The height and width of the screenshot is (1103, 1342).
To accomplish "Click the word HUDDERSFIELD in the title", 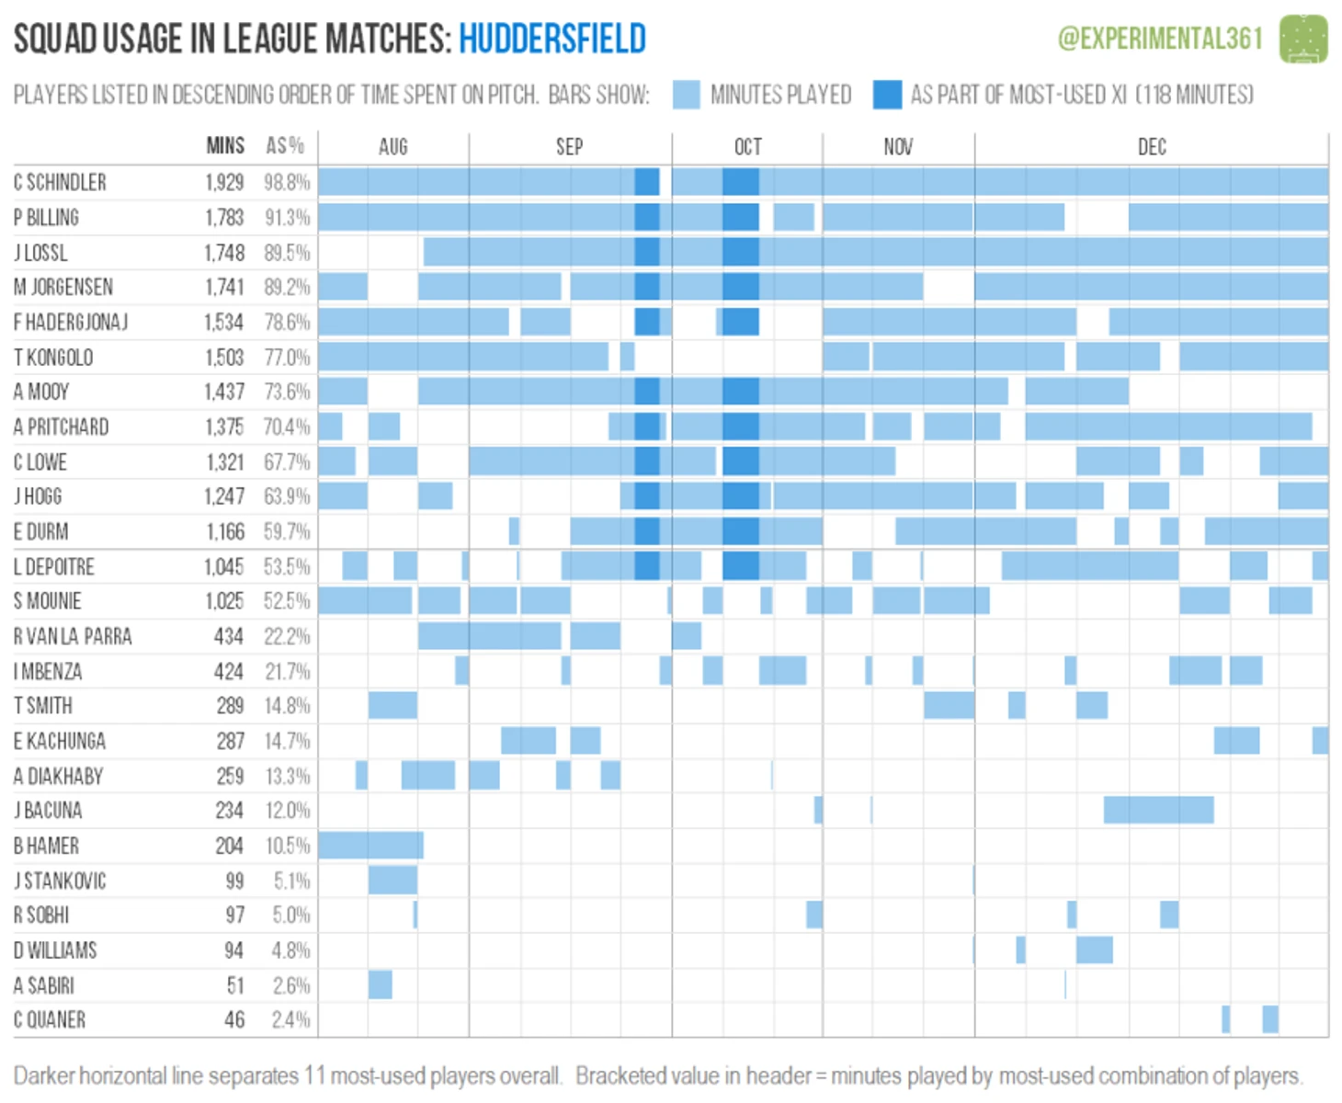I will pyautogui.click(x=552, y=39).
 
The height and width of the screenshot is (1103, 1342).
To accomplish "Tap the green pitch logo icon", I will pyautogui.click(x=1303, y=39).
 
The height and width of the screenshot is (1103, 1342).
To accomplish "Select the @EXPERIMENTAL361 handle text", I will pyautogui.click(x=1160, y=39).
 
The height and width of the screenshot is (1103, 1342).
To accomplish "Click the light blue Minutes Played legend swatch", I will pyautogui.click(x=686, y=95).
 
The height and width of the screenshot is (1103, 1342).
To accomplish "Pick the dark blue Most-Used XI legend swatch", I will pyautogui.click(x=887, y=95).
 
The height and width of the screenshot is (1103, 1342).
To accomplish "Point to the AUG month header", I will pyautogui.click(x=392, y=147).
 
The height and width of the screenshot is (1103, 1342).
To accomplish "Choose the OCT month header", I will pyautogui.click(x=747, y=147).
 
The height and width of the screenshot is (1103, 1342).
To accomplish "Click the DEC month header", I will pyautogui.click(x=1151, y=147).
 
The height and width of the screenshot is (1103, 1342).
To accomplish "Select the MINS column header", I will pyautogui.click(x=225, y=146).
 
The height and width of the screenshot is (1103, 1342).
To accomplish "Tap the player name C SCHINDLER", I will pyautogui.click(x=60, y=182).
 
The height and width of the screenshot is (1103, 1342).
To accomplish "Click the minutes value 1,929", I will pyautogui.click(x=224, y=182).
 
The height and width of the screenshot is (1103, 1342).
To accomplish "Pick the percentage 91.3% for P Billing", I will pyautogui.click(x=287, y=218).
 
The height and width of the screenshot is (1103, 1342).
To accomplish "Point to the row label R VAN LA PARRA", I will pyautogui.click(x=73, y=636).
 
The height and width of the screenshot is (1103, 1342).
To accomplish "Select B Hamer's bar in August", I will pyautogui.click(x=370, y=845).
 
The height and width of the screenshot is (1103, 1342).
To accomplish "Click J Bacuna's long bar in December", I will pyautogui.click(x=1158, y=810).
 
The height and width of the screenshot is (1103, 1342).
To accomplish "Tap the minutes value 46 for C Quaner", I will pyautogui.click(x=234, y=1019).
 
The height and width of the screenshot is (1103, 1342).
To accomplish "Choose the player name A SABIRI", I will pyautogui.click(x=44, y=985).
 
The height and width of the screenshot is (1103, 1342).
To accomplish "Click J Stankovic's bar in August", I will pyautogui.click(x=392, y=880).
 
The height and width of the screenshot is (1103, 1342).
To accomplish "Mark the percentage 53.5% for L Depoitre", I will pyautogui.click(x=287, y=566).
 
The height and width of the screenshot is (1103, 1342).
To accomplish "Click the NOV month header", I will pyautogui.click(x=898, y=147).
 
